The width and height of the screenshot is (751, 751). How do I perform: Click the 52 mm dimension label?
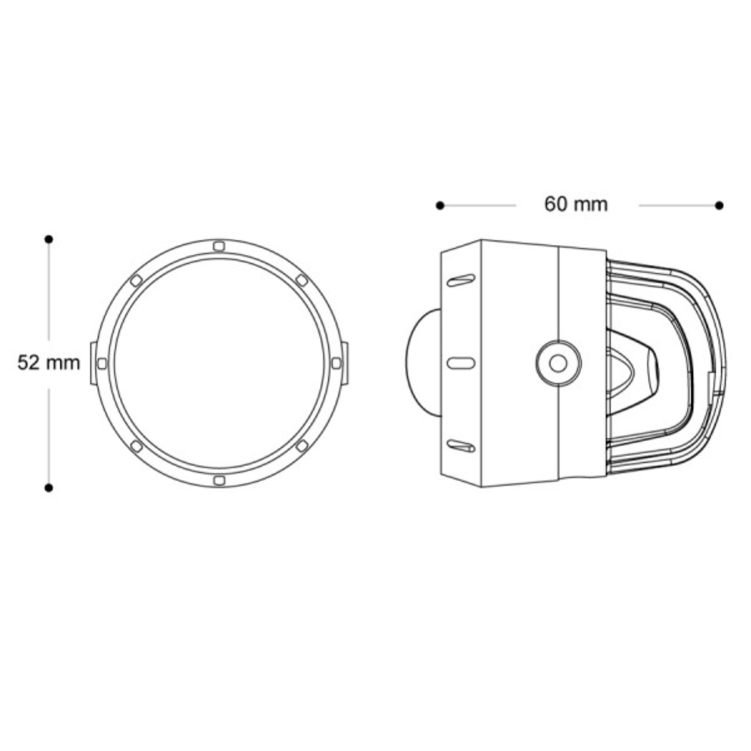pos(49,363)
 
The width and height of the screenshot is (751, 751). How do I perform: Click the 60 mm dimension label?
pos(576,204)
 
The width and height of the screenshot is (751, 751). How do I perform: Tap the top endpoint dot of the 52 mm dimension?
pos(49,240)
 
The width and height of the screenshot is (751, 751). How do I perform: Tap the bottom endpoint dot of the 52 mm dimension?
pos(49,487)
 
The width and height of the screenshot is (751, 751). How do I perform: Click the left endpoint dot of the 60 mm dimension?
pos(440,205)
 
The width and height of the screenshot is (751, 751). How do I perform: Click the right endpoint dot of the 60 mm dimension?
pos(719,205)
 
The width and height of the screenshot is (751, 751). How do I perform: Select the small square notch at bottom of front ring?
pos(218,480)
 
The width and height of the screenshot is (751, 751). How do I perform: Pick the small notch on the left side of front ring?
pos(101,363)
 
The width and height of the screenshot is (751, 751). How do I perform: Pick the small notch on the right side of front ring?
pos(336,363)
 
